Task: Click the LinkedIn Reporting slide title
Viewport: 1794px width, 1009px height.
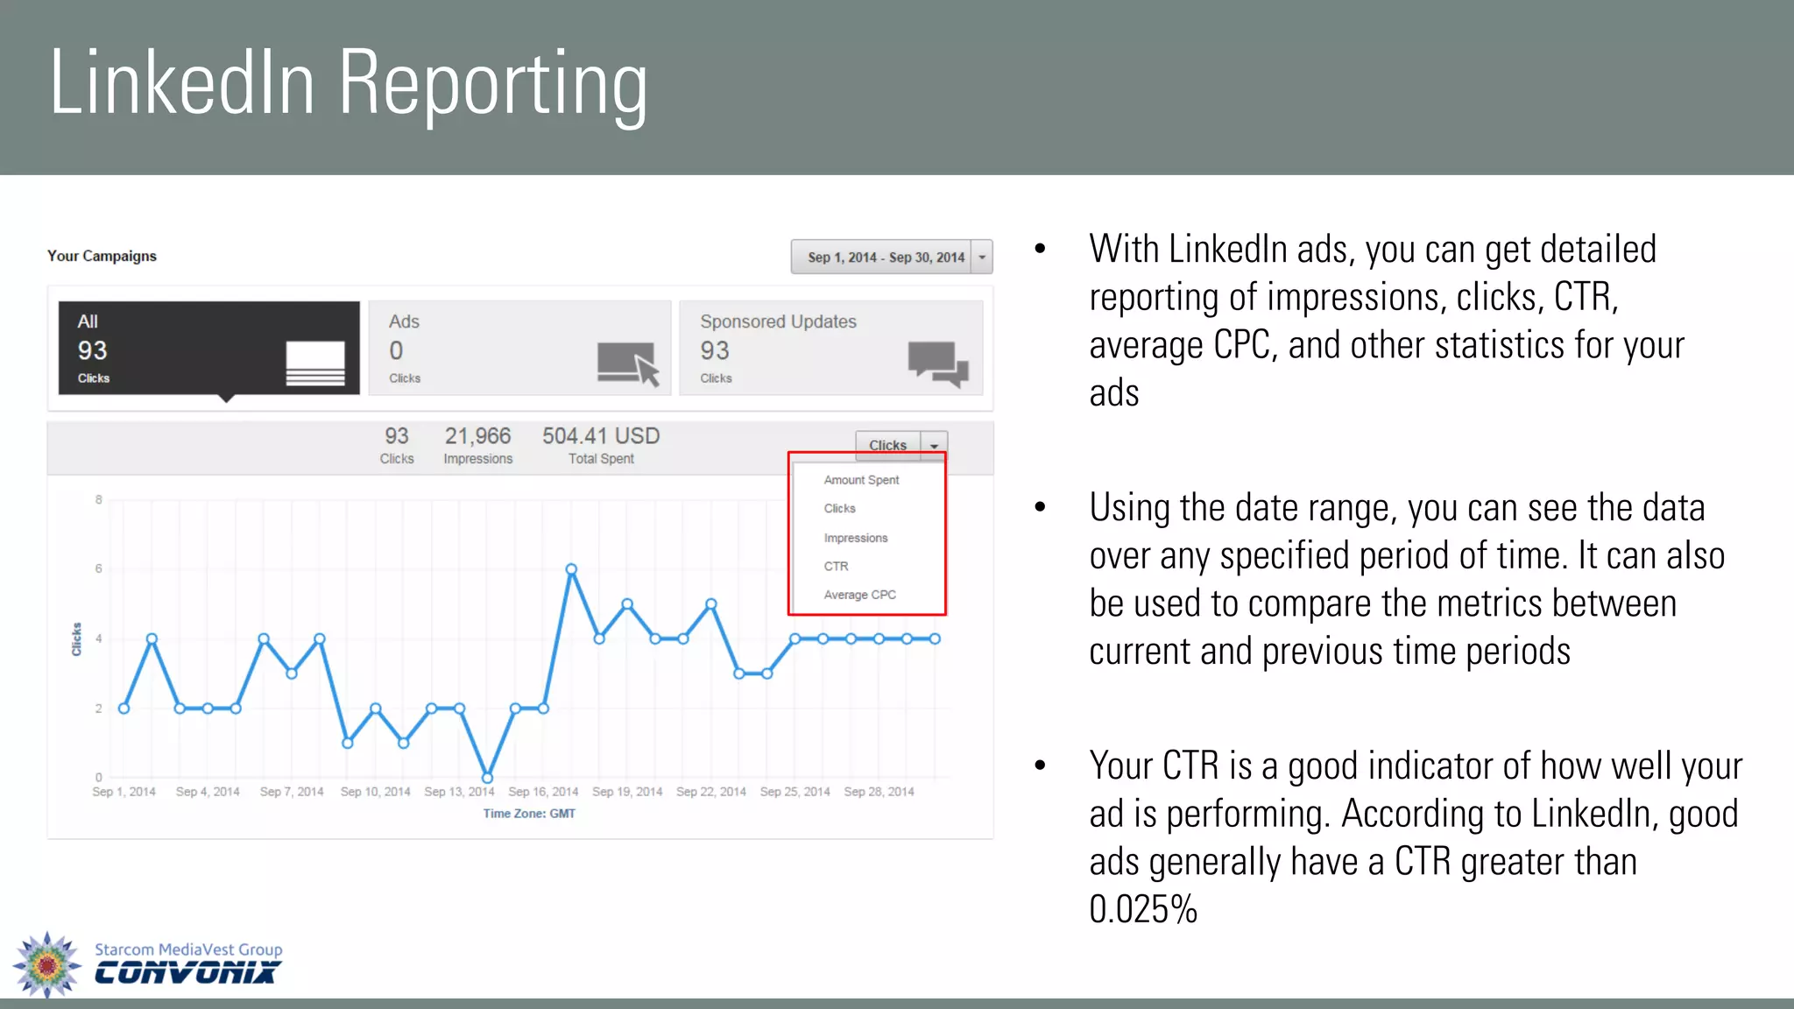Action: (x=348, y=84)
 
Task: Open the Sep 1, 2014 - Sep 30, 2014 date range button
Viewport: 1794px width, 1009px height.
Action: (x=885, y=257)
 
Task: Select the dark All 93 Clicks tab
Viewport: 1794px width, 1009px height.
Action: (x=208, y=348)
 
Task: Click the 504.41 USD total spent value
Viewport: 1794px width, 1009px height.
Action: (x=601, y=436)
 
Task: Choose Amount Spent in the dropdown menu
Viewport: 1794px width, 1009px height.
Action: (x=861, y=480)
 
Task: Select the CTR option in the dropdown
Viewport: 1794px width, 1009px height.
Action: (x=836, y=566)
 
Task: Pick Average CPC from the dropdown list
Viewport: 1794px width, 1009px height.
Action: (x=859, y=595)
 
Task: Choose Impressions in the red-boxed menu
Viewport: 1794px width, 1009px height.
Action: (x=855, y=538)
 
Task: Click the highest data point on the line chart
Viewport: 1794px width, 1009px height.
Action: (x=571, y=569)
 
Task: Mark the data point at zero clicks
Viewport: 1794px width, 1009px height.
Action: (x=487, y=778)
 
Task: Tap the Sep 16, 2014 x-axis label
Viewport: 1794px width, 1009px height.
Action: (x=543, y=792)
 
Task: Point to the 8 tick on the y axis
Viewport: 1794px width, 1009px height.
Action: (x=99, y=499)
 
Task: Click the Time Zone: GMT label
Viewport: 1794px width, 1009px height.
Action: (x=529, y=814)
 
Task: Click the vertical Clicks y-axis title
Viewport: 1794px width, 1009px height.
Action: (x=76, y=639)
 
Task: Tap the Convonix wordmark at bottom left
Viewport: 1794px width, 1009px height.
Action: (x=186, y=973)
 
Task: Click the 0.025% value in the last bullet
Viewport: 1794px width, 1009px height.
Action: (x=1142, y=909)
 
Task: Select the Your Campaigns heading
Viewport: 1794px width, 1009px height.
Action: (x=102, y=256)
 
